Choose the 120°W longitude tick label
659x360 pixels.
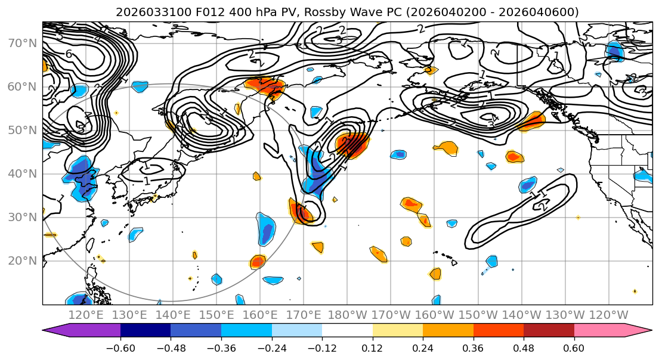click(608, 315)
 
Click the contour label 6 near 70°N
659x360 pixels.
click(69, 54)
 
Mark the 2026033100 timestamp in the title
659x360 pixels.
click(146, 12)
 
